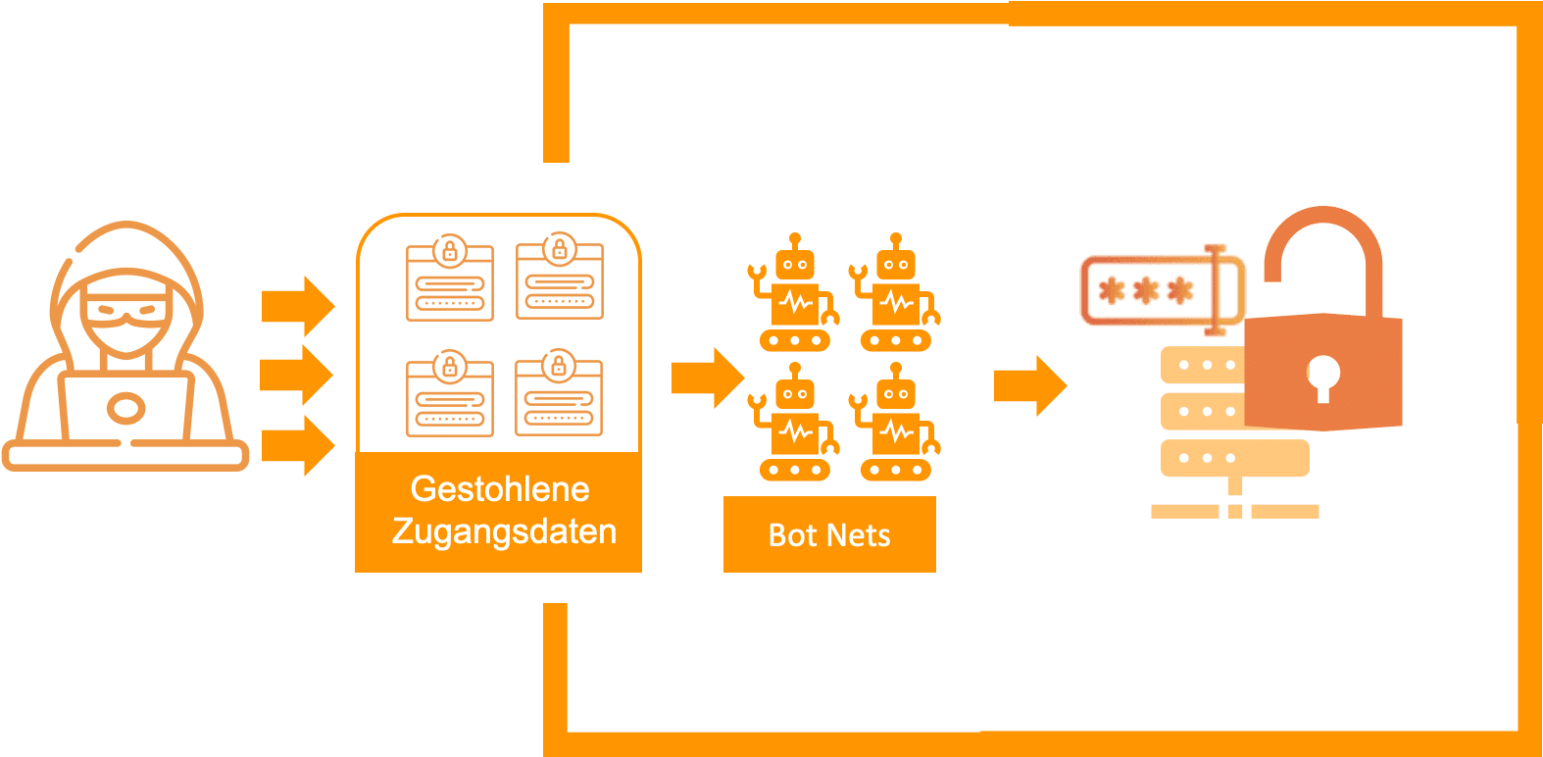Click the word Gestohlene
499,488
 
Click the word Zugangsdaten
504,531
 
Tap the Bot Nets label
829,535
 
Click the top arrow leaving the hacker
297,306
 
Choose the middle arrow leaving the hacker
297,375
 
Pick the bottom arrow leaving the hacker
297,445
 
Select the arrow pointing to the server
1029,385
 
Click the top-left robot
794,294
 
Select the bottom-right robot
896,424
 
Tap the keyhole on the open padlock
1322,376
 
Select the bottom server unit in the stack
1233,458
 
